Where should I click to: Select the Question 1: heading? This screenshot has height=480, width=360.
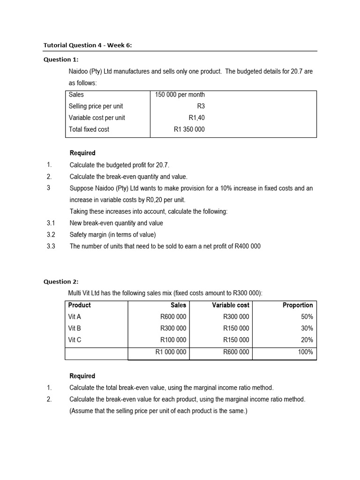[61, 60]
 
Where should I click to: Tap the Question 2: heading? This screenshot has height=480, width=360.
[61, 282]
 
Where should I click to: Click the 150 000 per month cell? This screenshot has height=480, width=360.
[180, 95]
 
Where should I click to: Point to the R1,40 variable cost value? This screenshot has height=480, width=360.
[196, 118]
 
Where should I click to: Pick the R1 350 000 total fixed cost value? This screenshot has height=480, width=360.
[189, 129]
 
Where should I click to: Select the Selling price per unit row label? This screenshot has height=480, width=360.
[96, 106]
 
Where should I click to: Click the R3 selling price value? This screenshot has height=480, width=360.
[201, 106]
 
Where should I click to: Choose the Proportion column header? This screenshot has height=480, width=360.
[298, 305]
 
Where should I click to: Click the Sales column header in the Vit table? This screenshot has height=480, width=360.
[178, 305]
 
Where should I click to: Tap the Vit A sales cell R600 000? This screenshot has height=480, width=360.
[173, 317]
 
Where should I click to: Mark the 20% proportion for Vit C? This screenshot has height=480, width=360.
[307, 340]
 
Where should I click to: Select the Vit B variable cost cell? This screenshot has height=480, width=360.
[236, 328]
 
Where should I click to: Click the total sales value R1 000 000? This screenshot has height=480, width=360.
[171, 352]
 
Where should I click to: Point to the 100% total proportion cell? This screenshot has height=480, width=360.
[306, 352]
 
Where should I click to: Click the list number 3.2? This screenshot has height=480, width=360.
[51, 235]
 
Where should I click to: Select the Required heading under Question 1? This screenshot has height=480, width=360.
[82, 153]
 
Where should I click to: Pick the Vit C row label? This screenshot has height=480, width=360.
[75, 340]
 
